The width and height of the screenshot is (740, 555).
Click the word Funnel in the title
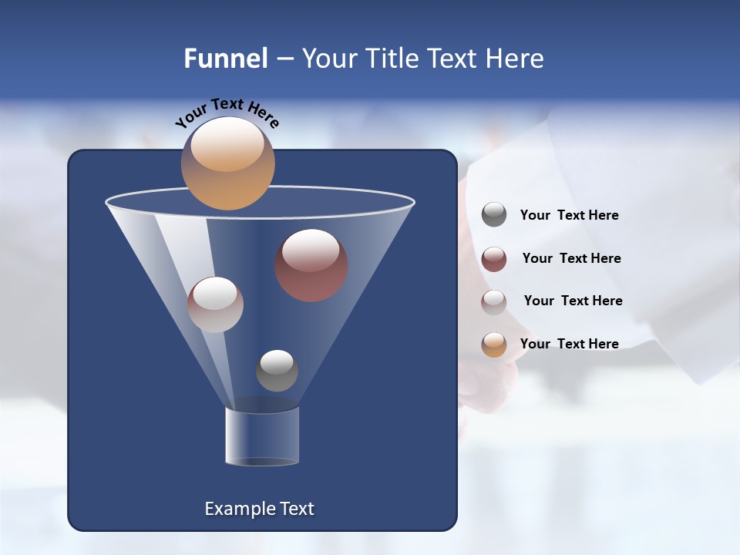225,59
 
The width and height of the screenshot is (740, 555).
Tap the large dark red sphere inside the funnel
311,266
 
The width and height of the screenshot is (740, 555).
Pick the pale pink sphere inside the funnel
215,304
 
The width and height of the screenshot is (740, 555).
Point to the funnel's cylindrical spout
262,436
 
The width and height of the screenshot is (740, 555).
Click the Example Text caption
260,509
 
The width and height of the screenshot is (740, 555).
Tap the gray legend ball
494,215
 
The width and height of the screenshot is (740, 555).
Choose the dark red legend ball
494,259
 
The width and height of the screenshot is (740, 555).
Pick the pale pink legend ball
494,301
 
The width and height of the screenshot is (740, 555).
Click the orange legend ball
494,344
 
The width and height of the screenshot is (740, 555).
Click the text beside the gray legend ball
569,216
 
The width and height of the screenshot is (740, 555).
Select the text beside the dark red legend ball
571,258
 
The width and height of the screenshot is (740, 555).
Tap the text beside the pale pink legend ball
573,301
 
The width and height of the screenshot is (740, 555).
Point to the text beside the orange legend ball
569,344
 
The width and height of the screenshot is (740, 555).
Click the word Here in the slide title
516,59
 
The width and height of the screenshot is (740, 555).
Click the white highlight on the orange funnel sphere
227,144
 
